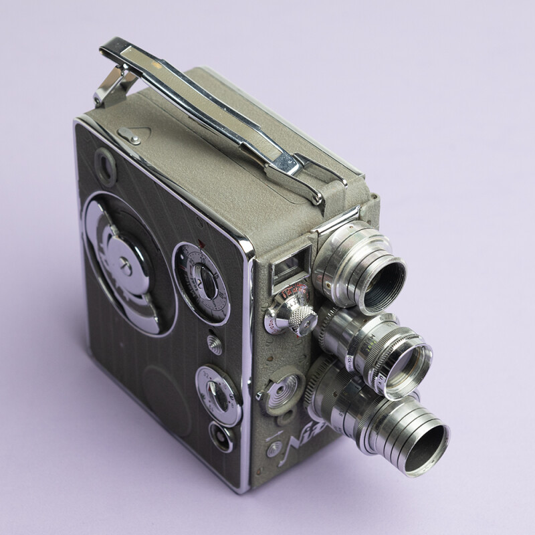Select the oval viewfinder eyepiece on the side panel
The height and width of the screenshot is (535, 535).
pos(104,164)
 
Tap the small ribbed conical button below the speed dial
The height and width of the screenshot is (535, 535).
pos(215,344)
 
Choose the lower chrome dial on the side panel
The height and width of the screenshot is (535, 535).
pos(217,395)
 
